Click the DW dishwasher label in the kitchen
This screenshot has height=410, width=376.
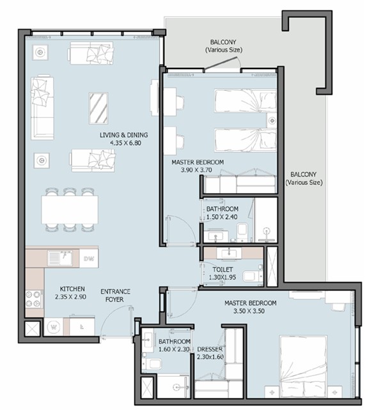[89, 259]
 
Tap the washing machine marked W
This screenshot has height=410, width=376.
[54, 327]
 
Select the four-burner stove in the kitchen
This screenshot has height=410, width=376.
[34, 299]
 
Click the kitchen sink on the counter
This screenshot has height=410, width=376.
[60, 258]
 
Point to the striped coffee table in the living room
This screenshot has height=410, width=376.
[98, 108]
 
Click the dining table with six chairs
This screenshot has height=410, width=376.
[70, 209]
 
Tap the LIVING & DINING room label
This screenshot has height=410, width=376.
[123, 135]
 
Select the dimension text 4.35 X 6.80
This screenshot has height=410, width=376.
[126, 143]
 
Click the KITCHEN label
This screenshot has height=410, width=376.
[72, 289]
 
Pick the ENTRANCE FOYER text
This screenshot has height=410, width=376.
[115, 296]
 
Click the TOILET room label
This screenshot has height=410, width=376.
[223, 269]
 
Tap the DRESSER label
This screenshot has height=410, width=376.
[210, 349]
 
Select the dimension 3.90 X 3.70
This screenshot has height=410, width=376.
[196, 170]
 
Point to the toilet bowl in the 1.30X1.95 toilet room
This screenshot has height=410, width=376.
[252, 276]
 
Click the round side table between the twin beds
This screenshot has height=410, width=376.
[272, 120]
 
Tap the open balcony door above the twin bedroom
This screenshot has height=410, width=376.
[222, 64]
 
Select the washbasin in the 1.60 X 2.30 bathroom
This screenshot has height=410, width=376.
[148, 339]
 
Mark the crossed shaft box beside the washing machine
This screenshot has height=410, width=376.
[32, 329]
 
